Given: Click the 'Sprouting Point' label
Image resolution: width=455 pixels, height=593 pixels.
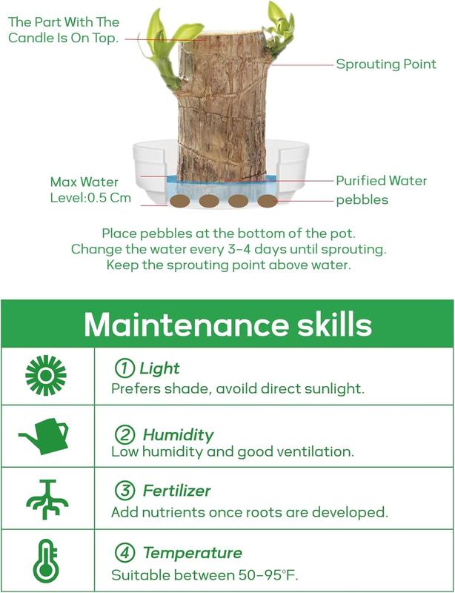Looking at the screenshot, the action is pos(386,64).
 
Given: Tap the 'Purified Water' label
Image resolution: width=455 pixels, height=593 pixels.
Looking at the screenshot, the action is pos(381,181).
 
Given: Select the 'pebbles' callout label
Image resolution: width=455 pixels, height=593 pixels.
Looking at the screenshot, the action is pos(362,200).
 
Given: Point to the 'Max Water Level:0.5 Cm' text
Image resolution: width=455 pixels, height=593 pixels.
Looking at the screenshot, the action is pos(90,190).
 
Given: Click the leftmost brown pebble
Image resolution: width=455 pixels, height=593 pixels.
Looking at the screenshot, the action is pos(179,201).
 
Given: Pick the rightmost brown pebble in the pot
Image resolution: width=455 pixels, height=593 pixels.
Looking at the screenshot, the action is pos(268,201).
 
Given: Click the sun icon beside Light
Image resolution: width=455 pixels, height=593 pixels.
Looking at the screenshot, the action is pos(46,375).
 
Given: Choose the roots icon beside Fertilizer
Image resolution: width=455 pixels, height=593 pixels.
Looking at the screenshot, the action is pos(47,499).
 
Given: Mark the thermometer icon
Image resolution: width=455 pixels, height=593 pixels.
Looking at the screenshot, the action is pos(46,561).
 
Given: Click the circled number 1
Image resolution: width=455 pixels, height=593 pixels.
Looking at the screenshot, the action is pos(124,368).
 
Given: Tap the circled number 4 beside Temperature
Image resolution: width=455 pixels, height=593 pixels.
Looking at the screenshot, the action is pos(124,553).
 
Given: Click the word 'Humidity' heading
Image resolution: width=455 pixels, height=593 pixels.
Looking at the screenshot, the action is pos(178,435).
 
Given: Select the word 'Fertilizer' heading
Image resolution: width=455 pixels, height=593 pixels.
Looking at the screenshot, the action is pos(176,491).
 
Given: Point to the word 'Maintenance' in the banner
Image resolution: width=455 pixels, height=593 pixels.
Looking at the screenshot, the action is pos(186,325).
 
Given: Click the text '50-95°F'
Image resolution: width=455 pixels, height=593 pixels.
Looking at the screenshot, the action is pos(268,575).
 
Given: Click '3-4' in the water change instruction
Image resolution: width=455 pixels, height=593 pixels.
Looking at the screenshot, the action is pos(234,249).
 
